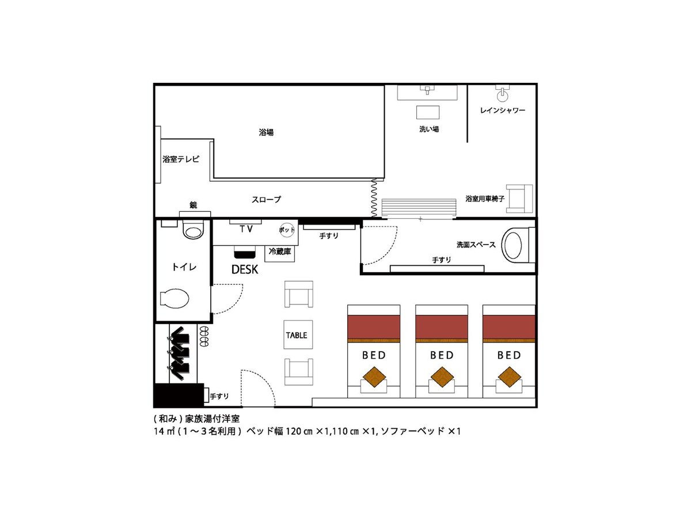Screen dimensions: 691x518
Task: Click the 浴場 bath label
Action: click(x=266, y=132)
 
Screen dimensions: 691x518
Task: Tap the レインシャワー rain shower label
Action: click(x=503, y=111)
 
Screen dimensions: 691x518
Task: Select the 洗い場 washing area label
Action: click(x=429, y=129)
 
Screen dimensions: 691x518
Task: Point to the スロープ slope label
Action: click(x=266, y=199)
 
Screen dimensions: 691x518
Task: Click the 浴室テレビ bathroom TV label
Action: click(x=181, y=159)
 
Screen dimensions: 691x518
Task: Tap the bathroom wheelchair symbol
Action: click(x=519, y=199)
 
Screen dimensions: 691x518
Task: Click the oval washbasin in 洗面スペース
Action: click(x=514, y=245)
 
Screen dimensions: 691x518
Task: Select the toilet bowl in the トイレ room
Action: click(x=174, y=298)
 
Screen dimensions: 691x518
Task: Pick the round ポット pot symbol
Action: click(x=286, y=230)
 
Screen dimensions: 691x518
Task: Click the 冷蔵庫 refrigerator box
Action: click(x=279, y=253)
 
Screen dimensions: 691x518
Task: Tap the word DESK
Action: click(x=245, y=269)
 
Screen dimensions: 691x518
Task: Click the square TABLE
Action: click(x=298, y=334)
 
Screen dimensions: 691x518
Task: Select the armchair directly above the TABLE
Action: click(x=299, y=294)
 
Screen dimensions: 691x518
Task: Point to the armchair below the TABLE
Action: click(x=299, y=372)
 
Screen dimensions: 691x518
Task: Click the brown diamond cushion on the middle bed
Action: click(x=442, y=377)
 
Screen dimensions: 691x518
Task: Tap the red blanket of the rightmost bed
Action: click(x=509, y=327)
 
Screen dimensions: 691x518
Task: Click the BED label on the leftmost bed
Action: click(x=374, y=355)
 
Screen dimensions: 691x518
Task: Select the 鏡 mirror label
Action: click(x=193, y=205)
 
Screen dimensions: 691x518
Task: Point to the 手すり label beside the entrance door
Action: click(x=219, y=397)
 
